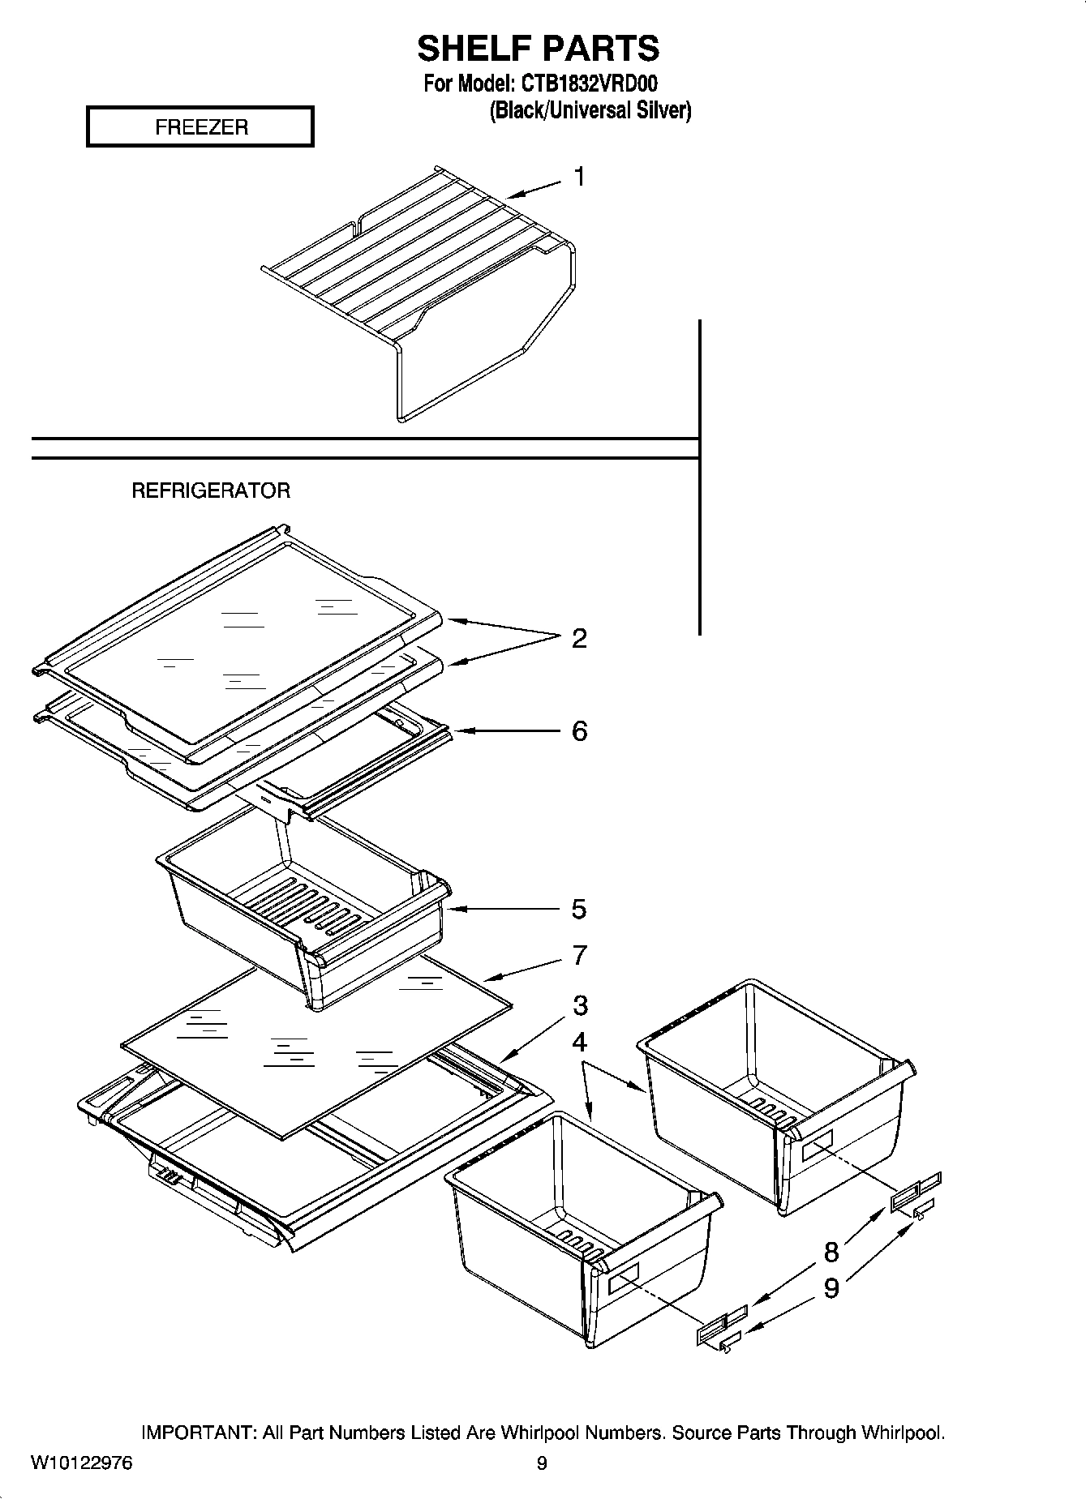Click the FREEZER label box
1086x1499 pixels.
click(x=200, y=127)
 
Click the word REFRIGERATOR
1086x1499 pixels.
click(x=211, y=490)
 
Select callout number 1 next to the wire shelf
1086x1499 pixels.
click(x=580, y=176)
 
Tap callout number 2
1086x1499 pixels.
click(x=579, y=639)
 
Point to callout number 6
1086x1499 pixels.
click(x=579, y=731)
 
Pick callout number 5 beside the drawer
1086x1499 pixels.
click(x=578, y=909)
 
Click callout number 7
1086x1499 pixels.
click(x=579, y=956)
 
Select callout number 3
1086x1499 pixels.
click(x=580, y=1005)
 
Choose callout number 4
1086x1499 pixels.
click(x=579, y=1042)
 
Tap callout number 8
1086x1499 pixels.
click(x=831, y=1253)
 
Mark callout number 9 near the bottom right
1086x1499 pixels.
click(x=831, y=1288)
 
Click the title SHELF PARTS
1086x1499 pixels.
click(x=538, y=49)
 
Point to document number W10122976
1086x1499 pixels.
click(x=81, y=1463)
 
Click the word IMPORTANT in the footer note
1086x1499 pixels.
click(x=199, y=1433)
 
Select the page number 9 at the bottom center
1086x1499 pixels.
click(x=542, y=1463)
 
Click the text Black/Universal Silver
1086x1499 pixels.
click(x=590, y=110)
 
